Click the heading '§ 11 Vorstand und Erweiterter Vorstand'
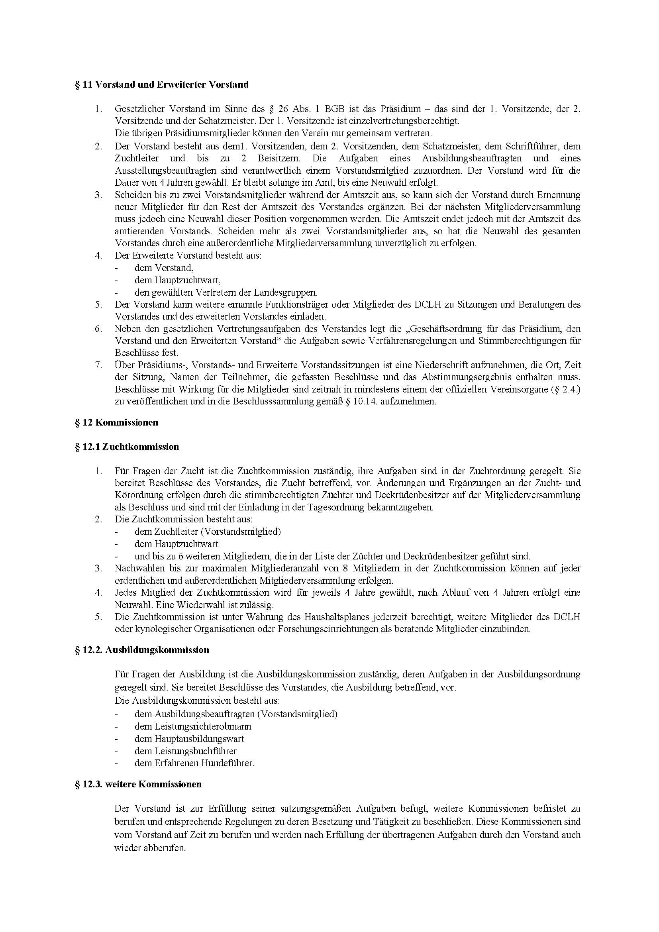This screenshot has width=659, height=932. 161,85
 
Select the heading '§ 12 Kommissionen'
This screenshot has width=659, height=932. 116,422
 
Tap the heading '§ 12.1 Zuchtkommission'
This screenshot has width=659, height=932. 127,447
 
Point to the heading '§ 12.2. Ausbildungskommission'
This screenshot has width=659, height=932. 142,650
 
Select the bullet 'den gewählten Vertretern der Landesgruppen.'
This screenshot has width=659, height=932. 226,292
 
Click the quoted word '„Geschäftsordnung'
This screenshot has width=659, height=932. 446,329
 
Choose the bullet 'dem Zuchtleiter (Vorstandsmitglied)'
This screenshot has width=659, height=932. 207,532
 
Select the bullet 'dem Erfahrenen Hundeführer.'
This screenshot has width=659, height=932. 194,763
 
